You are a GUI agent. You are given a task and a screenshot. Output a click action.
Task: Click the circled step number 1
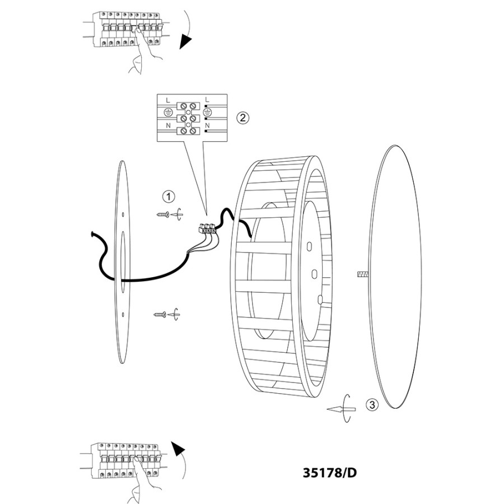pyautogui.click(x=169, y=197)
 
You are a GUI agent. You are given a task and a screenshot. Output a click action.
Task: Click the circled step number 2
pyautogui.click(x=242, y=118)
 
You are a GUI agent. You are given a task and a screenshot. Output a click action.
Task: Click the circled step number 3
pyautogui.click(x=372, y=404)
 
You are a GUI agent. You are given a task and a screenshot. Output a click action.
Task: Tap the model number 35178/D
pyautogui.click(x=329, y=473)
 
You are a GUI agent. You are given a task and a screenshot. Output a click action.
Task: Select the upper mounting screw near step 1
pyautogui.click(x=162, y=214)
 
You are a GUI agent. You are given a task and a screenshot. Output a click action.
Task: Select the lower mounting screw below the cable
pyautogui.click(x=160, y=314)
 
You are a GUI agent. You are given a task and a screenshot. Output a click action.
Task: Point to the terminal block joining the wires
pyautogui.click(x=207, y=228)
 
